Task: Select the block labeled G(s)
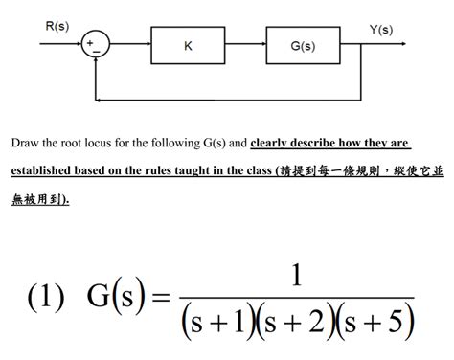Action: pyautogui.click(x=303, y=46)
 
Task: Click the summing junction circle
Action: pyautogui.click(x=97, y=45)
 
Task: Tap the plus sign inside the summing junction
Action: pyautogui.click(x=91, y=42)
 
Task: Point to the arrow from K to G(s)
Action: pyautogui.click(x=247, y=45)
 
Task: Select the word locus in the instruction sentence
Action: pyautogui.click(x=105, y=144)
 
